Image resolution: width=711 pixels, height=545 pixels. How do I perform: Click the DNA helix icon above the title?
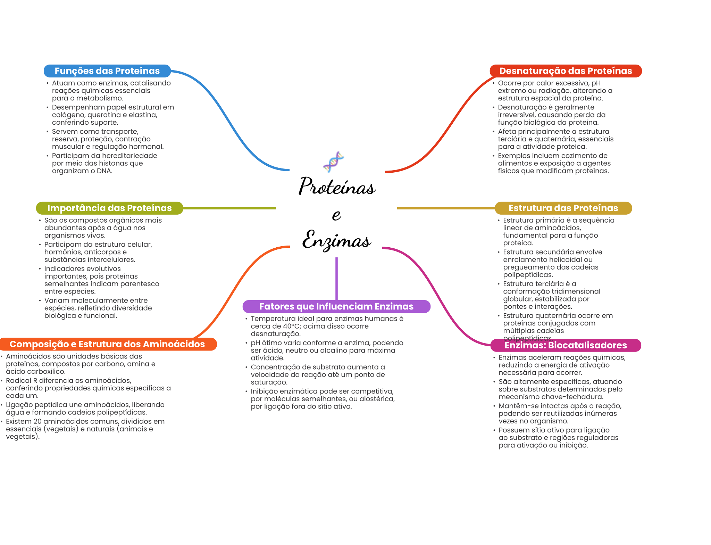[x=333, y=162]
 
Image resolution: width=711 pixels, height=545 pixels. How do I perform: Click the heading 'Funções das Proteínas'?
[x=107, y=71]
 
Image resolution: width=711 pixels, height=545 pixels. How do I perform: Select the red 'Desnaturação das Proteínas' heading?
[x=566, y=71]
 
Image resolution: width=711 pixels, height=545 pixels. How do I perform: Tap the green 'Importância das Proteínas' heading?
[x=109, y=208]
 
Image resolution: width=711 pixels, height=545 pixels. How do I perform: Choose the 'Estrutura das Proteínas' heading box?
[x=563, y=208]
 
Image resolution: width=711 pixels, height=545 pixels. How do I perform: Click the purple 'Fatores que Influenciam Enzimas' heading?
[x=336, y=306]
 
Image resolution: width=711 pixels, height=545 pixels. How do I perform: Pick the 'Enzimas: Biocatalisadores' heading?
[x=566, y=345]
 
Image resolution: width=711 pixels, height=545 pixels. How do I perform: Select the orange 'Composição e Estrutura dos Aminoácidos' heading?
[x=107, y=344]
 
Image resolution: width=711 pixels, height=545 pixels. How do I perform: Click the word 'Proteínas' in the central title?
[x=337, y=187]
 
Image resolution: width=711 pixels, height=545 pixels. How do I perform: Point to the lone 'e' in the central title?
[x=336, y=215]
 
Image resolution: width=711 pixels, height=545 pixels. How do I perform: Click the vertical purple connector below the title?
[x=336, y=278]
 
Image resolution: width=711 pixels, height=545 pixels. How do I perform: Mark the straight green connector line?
[x=229, y=208]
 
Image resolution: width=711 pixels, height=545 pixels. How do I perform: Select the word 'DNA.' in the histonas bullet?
[x=104, y=171]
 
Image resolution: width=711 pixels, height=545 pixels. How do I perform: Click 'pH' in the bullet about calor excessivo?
[x=596, y=83]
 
